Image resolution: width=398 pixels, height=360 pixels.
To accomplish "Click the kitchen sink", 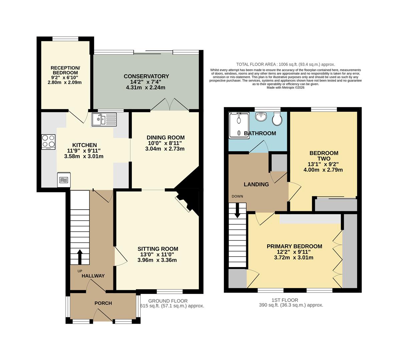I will click(x=104, y=119).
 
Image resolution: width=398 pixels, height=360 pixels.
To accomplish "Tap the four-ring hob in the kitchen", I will click(x=49, y=142).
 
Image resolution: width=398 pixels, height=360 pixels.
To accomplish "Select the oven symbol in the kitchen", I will click(x=64, y=180).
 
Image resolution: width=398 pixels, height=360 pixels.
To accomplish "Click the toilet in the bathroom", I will click(x=277, y=119).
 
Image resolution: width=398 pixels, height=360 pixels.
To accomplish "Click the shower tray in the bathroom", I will click(x=239, y=125).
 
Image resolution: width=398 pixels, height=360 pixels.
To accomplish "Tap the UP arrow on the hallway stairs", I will click(x=80, y=257).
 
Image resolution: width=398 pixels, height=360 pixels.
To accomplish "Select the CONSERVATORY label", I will click(x=146, y=76).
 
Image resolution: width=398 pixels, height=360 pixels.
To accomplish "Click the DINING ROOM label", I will click(x=165, y=137).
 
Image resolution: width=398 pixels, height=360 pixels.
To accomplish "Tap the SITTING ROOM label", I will click(x=158, y=249).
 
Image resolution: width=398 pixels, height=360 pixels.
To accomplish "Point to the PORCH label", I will click(x=103, y=303).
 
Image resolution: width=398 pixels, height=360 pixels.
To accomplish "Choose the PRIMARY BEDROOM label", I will click(x=294, y=246).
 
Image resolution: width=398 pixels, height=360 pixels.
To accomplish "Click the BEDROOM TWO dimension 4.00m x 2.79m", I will click(x=323, y=170).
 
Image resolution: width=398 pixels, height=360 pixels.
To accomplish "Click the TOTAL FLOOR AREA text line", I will click(x=285, y=64).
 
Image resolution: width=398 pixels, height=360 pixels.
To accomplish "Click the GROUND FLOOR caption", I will click(x=168, y=300).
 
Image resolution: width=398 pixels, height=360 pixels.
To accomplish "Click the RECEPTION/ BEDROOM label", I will click(x=65, y=70).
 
